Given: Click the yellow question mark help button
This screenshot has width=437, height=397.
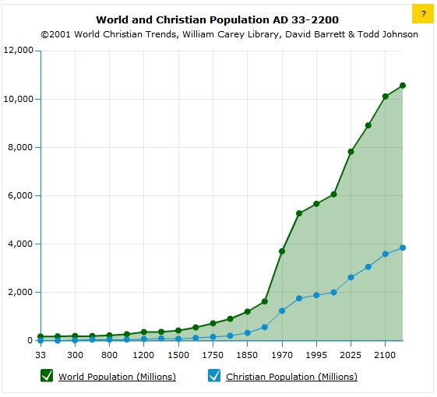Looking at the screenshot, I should pyautogui.click(x=422, y=14).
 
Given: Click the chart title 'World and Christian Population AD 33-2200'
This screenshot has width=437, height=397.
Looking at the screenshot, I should pyautogui.click(x=217, y=19).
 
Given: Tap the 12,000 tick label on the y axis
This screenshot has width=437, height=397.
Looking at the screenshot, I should pyautogui.click(x=18, y=51).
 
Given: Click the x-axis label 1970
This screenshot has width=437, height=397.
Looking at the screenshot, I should pyautogui.click(x=282, y=355).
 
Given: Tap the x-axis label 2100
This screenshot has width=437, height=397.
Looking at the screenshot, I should pyautogui.click(x=385, y=355).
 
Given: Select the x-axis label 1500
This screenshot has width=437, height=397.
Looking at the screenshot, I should pyautogui.click(x=178, y=355).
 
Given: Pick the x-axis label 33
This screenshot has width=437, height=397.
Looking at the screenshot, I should pyautogui.click(x=41, y=355).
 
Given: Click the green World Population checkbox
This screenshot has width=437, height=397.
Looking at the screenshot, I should pyautogui.click(x=46, y=376).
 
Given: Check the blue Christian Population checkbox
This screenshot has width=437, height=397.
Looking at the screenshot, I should pyautogui.click(x=214, y=376).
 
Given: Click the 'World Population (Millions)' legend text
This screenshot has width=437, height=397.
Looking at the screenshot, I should pyautogui.click(x=117, y=377).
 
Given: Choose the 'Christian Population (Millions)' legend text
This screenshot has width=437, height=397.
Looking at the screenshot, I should pyautogui.click(x=291, y=377).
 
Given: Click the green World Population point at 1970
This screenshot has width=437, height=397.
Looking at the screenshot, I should pyautogui.click(x=282, y=251).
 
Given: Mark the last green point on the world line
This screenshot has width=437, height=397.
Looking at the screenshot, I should pyautogui.click(x=403, y=86).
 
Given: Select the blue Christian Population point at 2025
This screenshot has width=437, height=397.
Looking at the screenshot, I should pyautogui.click(x=351, y=277).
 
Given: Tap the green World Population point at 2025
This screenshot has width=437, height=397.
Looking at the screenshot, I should pyautogui.click(x=351, y=152).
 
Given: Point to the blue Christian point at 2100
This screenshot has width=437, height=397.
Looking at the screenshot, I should pyautogui.click(x=385, y=254).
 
